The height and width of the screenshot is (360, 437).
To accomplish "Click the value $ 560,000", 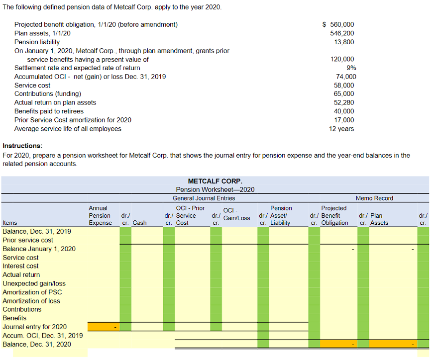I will tap(338, 24).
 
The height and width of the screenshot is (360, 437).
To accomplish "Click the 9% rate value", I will tap(351, 68).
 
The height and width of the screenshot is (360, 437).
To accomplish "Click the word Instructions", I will tap(22, 146).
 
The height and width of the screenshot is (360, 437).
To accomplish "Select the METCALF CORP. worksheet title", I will tap(215, 181).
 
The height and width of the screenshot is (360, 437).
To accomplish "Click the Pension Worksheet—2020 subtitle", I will tap(215, 189).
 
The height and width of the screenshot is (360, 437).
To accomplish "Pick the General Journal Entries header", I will tap(204, 198).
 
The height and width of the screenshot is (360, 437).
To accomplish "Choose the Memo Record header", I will tap(374, 198).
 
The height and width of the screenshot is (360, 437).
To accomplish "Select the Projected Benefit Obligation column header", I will tap(334, 215).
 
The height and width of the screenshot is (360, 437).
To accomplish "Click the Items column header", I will tap(10, 223).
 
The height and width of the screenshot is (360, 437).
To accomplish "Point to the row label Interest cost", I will tap(20, 266).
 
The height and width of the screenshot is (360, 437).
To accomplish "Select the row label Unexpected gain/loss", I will tap(34, 283).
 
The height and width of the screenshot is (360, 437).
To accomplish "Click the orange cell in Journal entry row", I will tap(103, 327).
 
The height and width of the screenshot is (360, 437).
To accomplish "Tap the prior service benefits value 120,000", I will tap(342, 59).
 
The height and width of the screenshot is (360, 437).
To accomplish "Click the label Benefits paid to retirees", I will tap(49, 111).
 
